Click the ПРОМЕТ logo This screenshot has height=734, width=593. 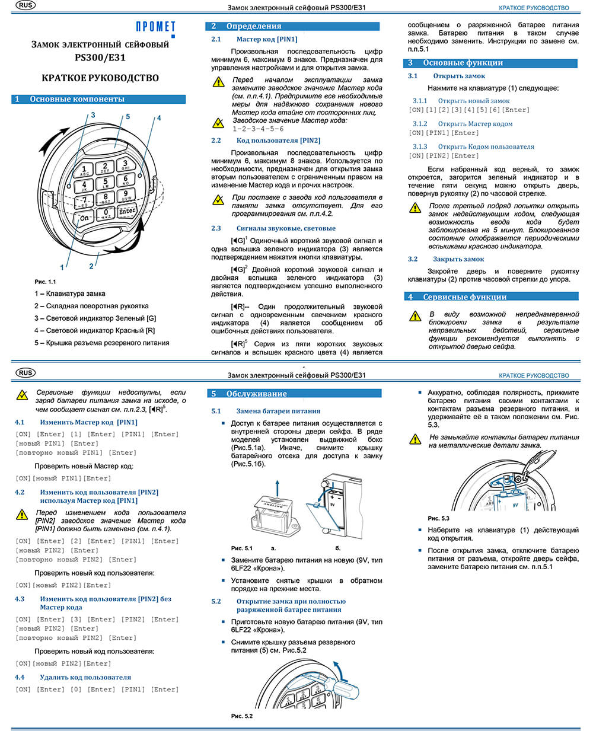tap(155, 27)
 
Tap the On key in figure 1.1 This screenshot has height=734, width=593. tap(85, 218)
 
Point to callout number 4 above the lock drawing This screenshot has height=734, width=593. tap(158, 118)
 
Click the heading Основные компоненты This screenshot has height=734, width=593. tap(77, 99)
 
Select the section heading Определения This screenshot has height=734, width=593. tap(253, 26)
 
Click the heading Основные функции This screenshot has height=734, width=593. tap(463, 63)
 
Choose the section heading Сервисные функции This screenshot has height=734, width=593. tap(464, 296)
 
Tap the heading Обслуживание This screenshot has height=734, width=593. tap(256, 394)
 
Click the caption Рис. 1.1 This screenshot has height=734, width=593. tap(45, 282)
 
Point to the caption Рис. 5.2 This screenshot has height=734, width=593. tap(242, 716)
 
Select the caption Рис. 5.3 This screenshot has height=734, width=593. tap(439, 518)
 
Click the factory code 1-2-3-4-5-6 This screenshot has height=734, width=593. tap(258, 129)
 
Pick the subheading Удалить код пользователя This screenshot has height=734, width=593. tap(85, 677)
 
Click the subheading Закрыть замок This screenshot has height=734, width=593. tap(458, 259)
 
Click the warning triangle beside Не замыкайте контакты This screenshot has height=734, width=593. tap(416, 439)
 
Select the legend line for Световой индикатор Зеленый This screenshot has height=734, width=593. tap(95, 318)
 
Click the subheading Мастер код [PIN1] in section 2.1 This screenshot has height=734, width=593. tap(267, 39)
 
